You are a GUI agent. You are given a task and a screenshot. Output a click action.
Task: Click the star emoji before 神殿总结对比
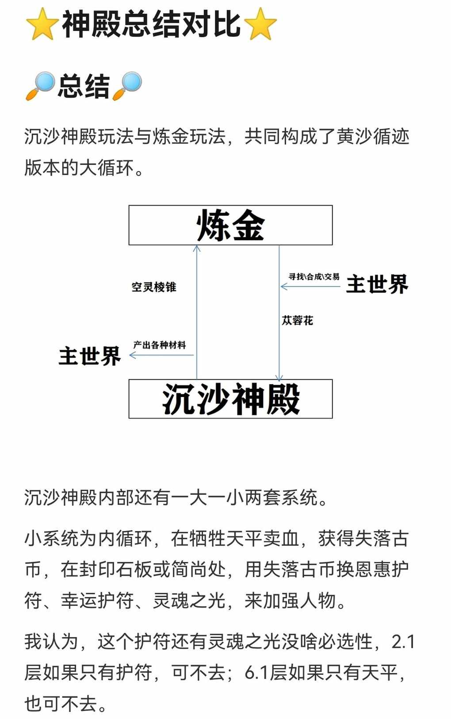42,24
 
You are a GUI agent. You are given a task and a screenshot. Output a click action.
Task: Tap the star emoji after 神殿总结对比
260,24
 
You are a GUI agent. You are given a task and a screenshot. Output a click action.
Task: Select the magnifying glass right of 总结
127,86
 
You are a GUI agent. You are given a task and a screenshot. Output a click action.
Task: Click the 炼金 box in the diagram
230,225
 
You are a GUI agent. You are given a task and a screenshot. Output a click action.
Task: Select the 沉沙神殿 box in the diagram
230,399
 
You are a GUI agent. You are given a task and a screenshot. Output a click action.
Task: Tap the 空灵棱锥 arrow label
154,287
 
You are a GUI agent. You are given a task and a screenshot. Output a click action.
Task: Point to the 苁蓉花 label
297,320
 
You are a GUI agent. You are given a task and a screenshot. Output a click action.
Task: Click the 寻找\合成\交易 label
313,276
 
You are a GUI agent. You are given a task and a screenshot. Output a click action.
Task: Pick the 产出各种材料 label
160,345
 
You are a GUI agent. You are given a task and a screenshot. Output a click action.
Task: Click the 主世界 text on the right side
377,284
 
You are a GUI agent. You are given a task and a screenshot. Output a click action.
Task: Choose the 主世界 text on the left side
90,356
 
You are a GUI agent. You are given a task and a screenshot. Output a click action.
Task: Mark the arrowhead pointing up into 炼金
196,248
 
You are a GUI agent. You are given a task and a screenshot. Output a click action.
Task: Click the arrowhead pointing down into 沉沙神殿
279,378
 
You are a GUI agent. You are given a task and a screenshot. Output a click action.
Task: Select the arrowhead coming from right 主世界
284,286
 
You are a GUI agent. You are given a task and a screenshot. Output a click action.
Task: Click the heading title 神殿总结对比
151,24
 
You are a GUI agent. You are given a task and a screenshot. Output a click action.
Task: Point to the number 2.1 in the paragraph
403,642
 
